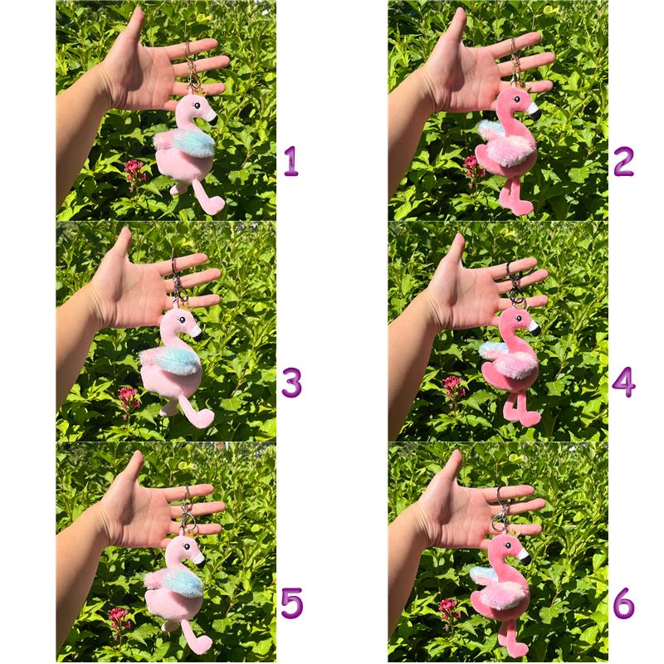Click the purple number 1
(291, 161)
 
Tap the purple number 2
(623, 161)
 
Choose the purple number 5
(292, 603)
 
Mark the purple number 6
(624, 603)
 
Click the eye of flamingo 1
(196, 105)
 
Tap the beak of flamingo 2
(533, 111)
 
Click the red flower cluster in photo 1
(134, 171)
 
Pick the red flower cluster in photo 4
(453, 388)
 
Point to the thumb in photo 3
(120, 253)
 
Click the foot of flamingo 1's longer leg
(212, 205)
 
